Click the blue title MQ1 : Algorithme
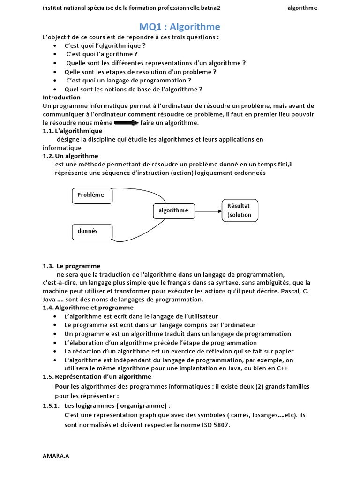pyautogui.click(x=180, y=27)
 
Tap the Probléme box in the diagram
pyautogui.click(x=92, y=195)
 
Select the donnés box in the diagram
pyautogui.click(x=92, y=232)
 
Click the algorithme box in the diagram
pyautogui.click(x=173, y=211)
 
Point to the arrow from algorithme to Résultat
pyautogui.click(x=208, y=211)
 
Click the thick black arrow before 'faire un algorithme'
pyautogui.click(x=126, y=123)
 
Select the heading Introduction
pyautogui.click(x=61, y=97)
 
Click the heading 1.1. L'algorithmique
pyautogui.click(x=72, y=131)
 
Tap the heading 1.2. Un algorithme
pyautogui.click(x=70, y=156)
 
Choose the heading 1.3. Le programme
pyautogui.click(x=71, y=266)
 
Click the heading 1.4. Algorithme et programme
pyautogui.click(x=88, y=307)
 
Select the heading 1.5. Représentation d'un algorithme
pyautogui.click(x=97, y=376)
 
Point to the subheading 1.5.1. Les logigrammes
pyautogui.click(x=106, y=405)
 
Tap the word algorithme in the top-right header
pyautogui.click(x=302, y=8)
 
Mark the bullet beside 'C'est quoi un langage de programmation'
pyautogui.click(x=55, y=81)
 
